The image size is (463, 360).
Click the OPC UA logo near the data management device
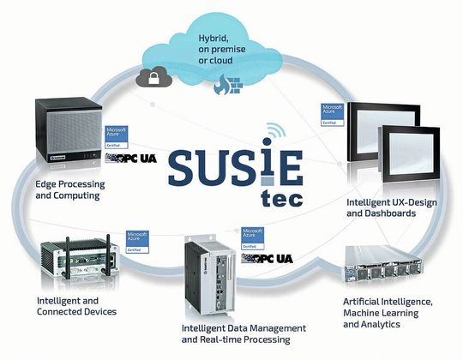pyautogui.click(x=267, y=258)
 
